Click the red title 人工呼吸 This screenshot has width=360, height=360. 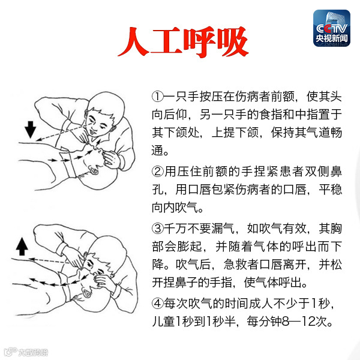[x=183, y=42]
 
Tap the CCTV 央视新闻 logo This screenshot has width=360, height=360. [x=332, y=28]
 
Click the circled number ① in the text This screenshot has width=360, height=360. [x=157, y=97]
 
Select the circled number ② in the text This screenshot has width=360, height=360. [x=157, y=172]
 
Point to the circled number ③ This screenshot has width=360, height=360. [x=157, y=229]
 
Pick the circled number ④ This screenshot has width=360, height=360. [x=157, y=303]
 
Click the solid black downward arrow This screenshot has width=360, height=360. [x=31, y=130]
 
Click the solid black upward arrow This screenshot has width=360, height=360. [x=22, y=247]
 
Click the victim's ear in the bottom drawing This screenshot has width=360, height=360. [x=86, y=293]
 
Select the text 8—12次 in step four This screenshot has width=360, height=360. [x=307, y=321]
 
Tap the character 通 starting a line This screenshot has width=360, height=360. [x=158, y=151]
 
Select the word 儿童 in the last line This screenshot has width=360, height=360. [x=163, y=321]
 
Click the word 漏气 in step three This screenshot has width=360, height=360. [x=223, y=229]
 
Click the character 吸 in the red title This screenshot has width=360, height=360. [x=233, y=42]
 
